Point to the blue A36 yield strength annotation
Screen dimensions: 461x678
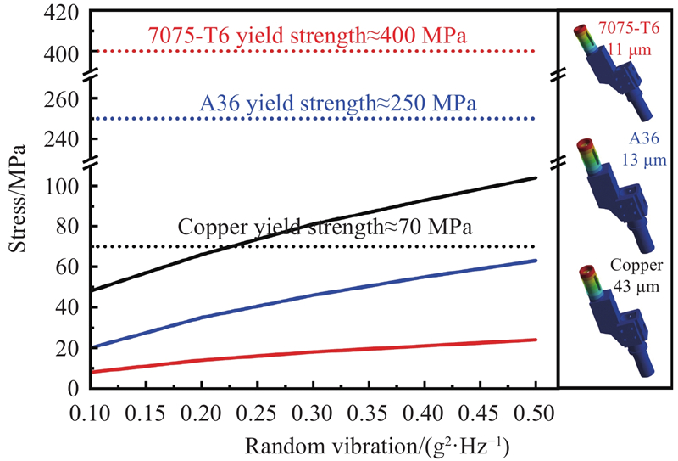pyautogui.click(x=337, y=103)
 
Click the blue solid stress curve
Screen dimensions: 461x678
pyautogui.click(x=339, y=283)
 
